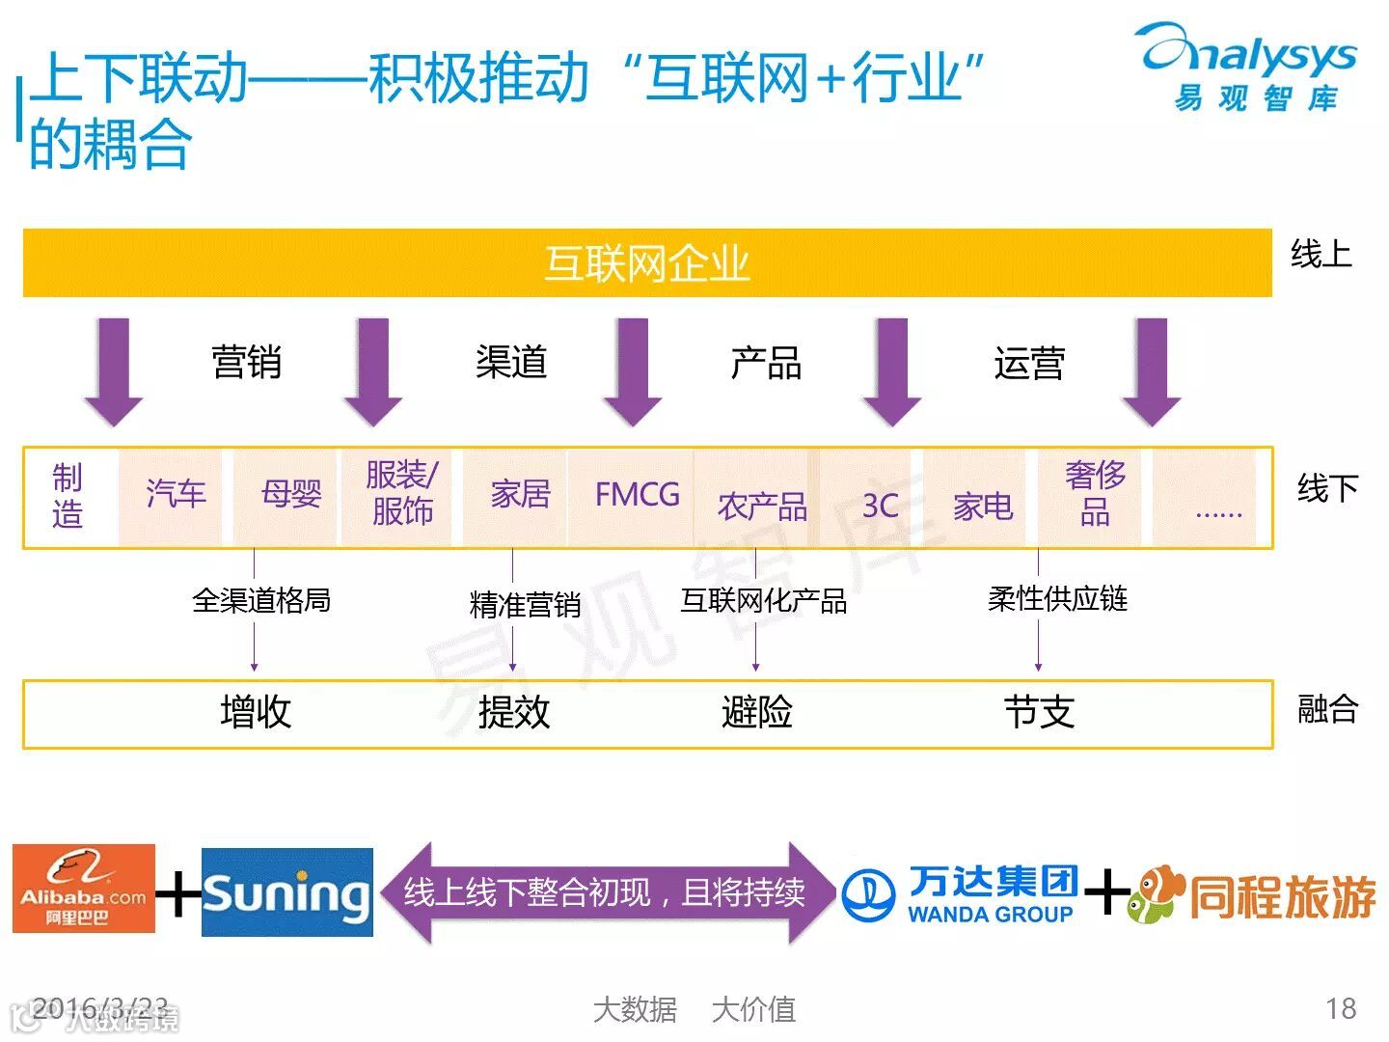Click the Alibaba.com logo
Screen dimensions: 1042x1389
[84, 889]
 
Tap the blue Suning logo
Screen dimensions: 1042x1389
[287, 892]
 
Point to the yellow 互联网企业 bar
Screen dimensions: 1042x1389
[647, 262]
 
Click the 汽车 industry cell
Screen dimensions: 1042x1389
[176, 494]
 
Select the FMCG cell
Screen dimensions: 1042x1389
[637, 495]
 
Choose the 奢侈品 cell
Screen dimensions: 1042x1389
[1095, 493]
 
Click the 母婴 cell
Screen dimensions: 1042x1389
[290, 494]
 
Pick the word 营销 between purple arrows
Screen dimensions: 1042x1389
[247, 363]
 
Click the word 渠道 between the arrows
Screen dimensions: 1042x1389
[511, 363]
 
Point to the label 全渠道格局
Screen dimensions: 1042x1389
[261, 601]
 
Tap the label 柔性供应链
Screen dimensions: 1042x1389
[1057, 599]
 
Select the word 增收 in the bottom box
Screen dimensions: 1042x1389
[256, 712]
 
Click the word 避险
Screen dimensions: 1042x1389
[757, 712]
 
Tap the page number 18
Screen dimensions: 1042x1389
[1341, 1009]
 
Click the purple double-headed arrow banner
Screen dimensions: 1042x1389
[605, 892]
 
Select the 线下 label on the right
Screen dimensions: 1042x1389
[1327, 488]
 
